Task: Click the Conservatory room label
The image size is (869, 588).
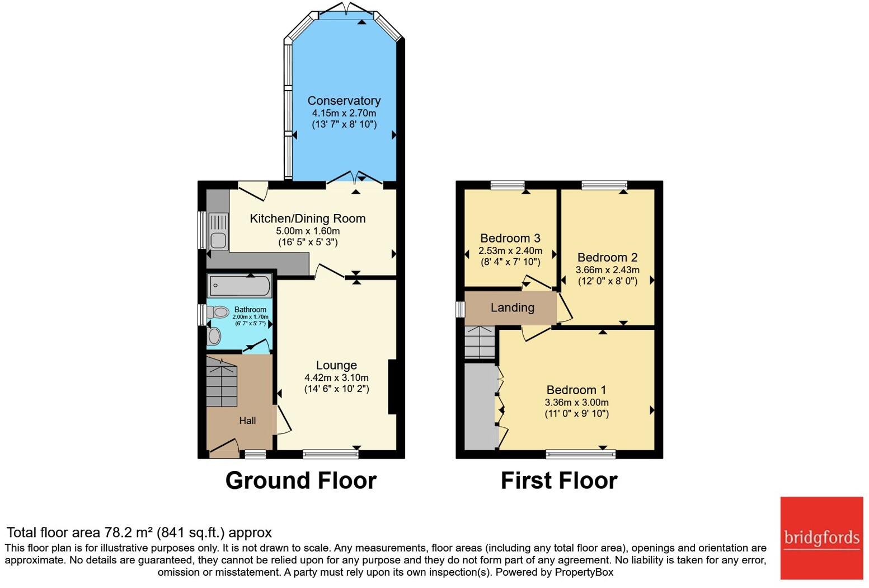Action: [x=344, y=101]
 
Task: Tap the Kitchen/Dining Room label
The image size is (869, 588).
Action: [x=307, y=218]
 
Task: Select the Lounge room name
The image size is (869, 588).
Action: [x=336, y=365]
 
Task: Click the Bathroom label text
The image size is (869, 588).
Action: [x=250, y=309]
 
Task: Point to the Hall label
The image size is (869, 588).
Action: [x=247, y=421]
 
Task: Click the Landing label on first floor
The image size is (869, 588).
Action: [x=512, y=307]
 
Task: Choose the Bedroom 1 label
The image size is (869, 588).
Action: [x=576, y=390]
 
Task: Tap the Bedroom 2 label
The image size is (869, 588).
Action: [x=607, y=258]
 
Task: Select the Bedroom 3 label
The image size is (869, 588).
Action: [x=510, y=239]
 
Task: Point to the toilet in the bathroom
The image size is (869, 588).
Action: [x=218, y=312]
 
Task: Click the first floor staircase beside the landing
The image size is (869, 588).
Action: [x=480, y=342]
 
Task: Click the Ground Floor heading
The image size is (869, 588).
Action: [x=300, y=480]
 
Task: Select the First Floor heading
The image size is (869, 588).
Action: [x=558, y=480]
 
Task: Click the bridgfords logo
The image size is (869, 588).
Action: [x=821, y=538]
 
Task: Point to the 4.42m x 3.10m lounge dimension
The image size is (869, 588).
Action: [x=336, y=377]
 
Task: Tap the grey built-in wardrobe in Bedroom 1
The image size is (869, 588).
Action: [x=480, y=406]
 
